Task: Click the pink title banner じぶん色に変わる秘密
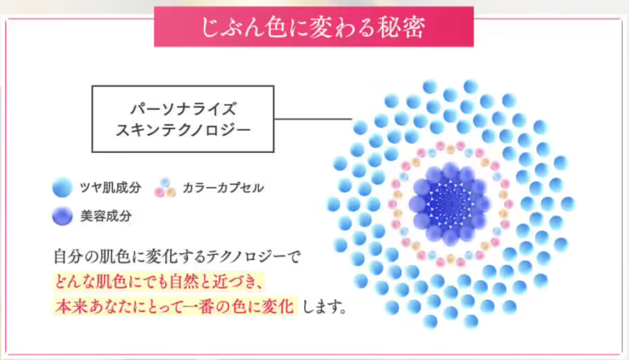tap(314, 26)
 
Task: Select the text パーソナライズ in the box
tap(183, 109)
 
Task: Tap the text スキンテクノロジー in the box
tap(183, 130)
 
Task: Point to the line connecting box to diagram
tap(313, 119)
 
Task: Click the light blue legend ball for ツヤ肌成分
tap(62, 187)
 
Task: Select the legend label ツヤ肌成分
tap(111, 187)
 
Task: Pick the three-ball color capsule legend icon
tap(165, 188)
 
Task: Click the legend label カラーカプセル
tap(223, 188)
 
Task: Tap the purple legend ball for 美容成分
tap(62, 216)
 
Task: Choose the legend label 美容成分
tap(106, 216)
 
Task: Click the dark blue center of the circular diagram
tap(449, 204)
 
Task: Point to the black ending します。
tap(324, 307)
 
